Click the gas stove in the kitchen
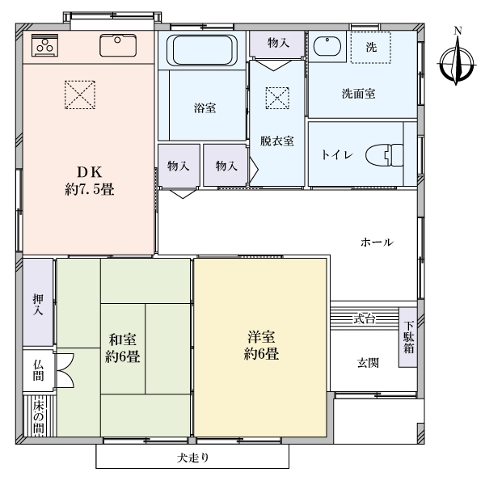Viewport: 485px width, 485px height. click(44, 45)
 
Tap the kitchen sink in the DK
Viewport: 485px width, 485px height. click(118, 45)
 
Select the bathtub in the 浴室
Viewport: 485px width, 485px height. click(202, 50)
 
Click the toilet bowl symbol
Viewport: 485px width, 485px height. click(385, 154)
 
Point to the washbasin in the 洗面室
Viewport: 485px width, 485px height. click(327, 46)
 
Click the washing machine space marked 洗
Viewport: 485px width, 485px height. click(370, 48)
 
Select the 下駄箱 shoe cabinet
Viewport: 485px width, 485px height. click(408, 337)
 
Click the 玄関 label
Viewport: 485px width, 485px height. click(368, 363)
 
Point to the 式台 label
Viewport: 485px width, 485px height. click(365, 318)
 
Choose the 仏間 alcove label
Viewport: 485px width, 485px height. click(38, 370)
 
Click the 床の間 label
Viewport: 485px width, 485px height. click(39, 418)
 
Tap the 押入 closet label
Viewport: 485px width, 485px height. click(38, 305)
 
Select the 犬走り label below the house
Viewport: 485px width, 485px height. click(193, 458)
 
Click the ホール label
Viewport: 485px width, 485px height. click(377, 242)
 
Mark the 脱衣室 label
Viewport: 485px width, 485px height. click(276, 141)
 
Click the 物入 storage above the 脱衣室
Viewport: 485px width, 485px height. click(277, 44)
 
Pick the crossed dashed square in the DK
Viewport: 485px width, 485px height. click(80, 95)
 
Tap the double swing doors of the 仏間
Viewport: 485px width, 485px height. click(65, 370)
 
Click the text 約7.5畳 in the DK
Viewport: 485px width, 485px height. click(90, 189)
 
